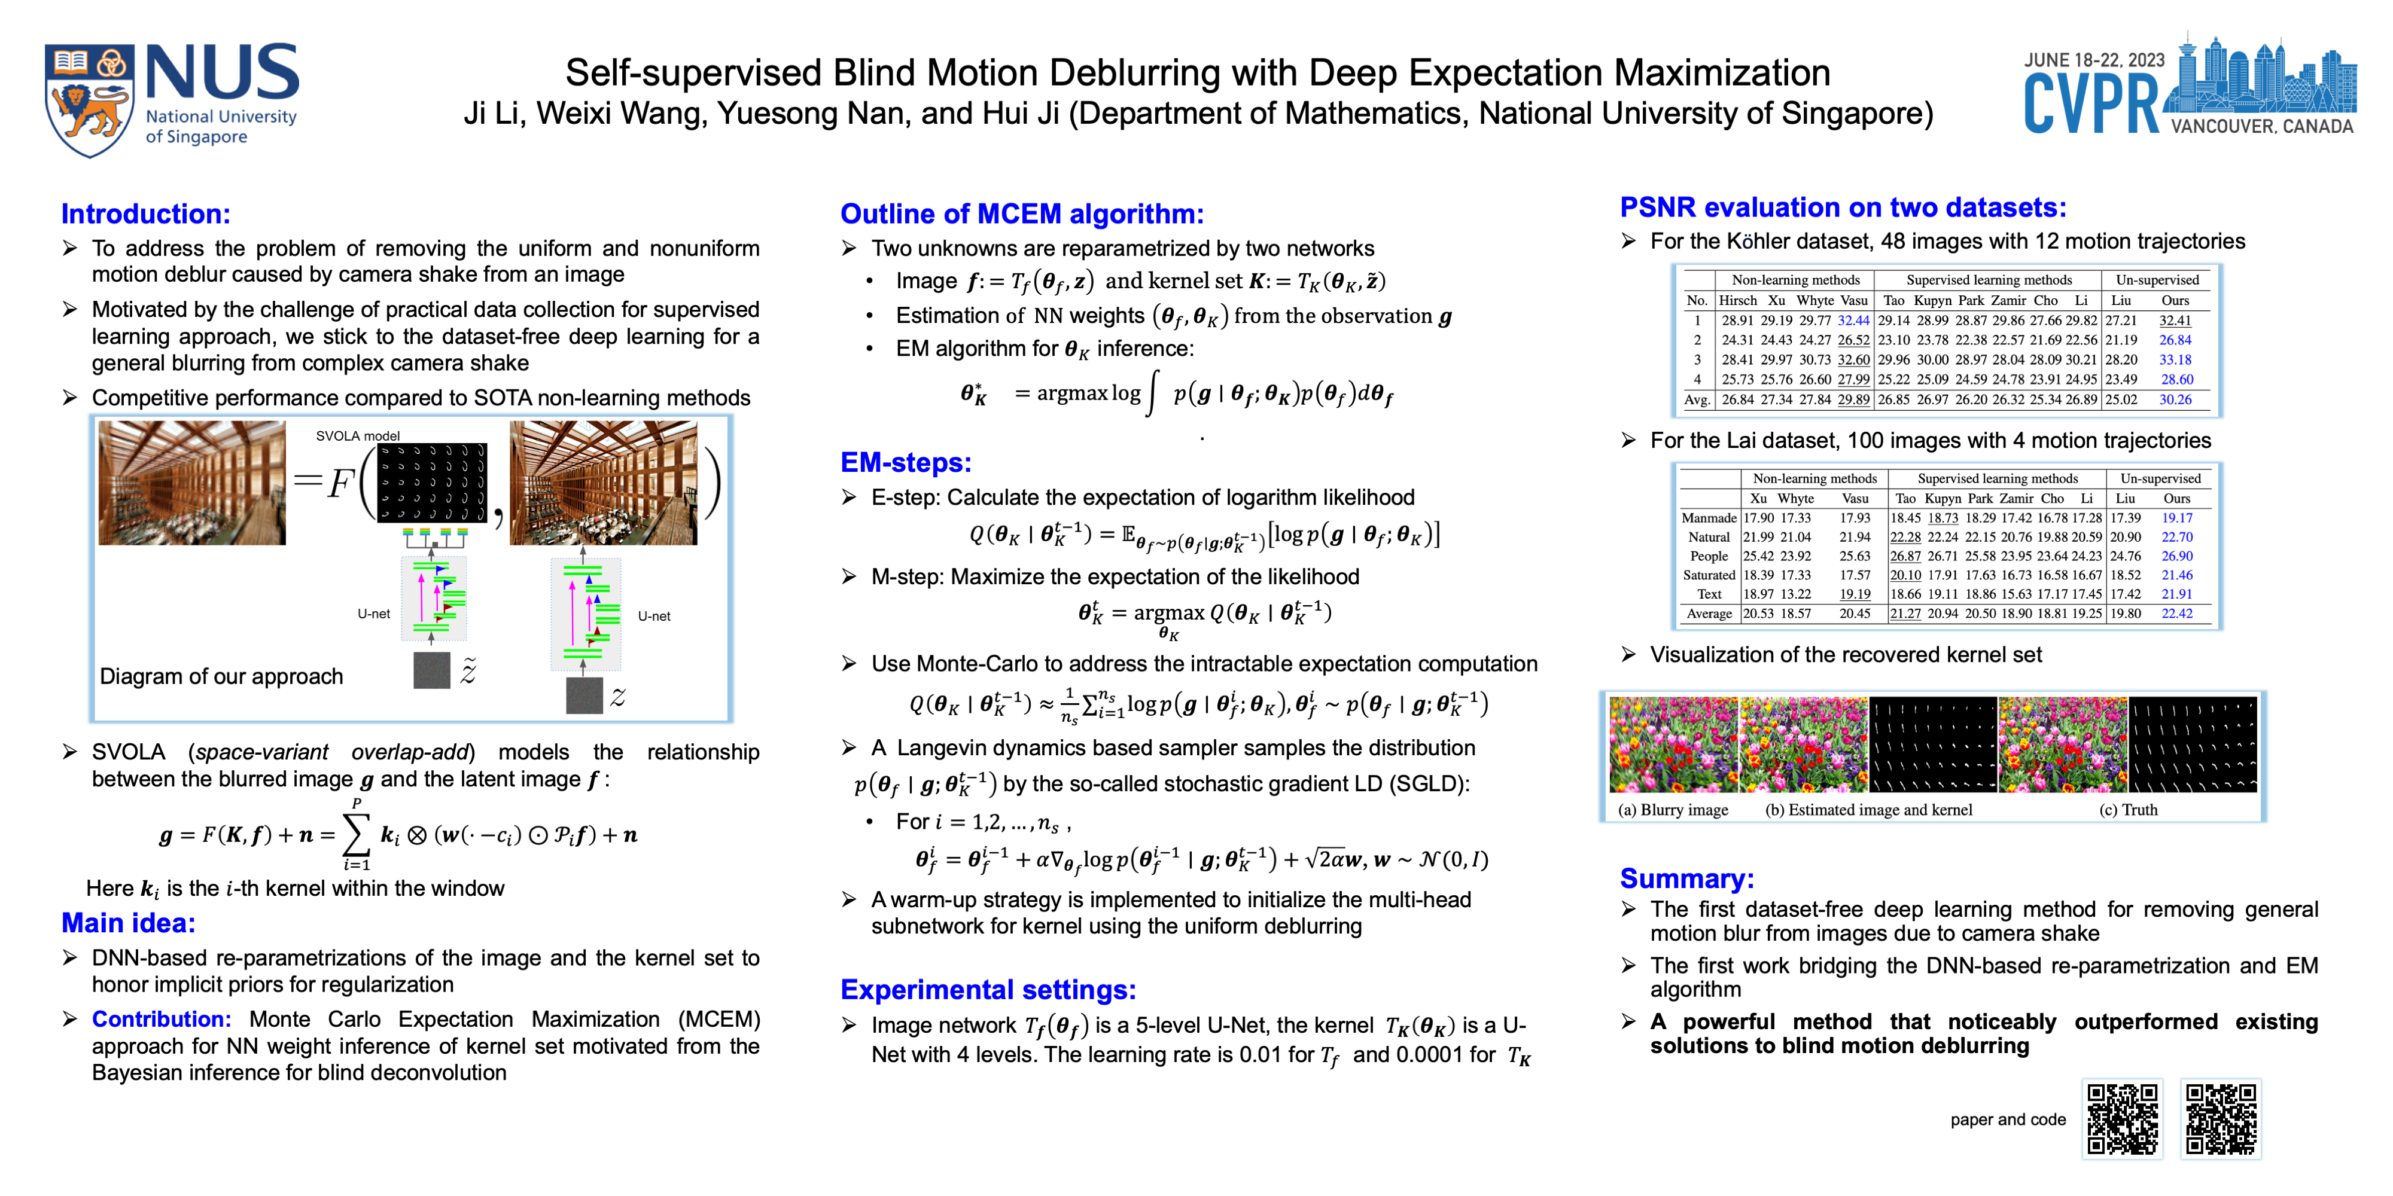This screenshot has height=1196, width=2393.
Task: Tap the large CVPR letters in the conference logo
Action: click(2091, 105)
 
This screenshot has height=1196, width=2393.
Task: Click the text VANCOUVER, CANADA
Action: click(2262, 126)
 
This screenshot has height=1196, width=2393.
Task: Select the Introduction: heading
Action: click(146, 213)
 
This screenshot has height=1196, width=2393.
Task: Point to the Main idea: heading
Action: click(128, 923)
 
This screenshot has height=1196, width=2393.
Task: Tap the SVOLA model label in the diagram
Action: click(358, 435)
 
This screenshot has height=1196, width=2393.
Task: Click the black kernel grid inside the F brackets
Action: click(432, 483)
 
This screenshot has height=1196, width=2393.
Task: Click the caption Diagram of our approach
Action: click(221, 676)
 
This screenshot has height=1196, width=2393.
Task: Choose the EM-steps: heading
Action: click(906, 462)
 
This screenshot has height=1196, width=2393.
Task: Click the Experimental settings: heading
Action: click(988, 990)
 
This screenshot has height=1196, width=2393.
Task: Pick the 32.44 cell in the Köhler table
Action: click(1853, 321)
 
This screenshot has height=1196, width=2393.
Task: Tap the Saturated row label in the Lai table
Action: click(1709, 575)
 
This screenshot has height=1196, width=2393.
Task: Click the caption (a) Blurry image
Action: click(1672, 810)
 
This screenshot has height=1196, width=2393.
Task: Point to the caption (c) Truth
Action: click(2128, 810)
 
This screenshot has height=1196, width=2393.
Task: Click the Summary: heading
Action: click(1686, 878)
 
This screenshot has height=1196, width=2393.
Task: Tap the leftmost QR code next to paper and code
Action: click(2123, 1119)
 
